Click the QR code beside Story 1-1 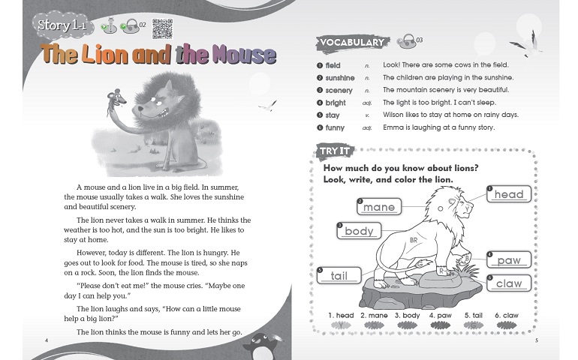[161, 28]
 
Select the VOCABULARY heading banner [351, 43]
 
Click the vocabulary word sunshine [340, 77]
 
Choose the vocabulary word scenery [339, 90]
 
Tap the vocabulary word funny [334, 128]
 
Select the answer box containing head [509, 194]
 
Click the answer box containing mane [379, 206]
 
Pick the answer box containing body [359, 231]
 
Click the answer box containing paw [509, 260]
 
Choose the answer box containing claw [509, 283]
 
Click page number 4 [47, 341]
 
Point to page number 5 [537, 341]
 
